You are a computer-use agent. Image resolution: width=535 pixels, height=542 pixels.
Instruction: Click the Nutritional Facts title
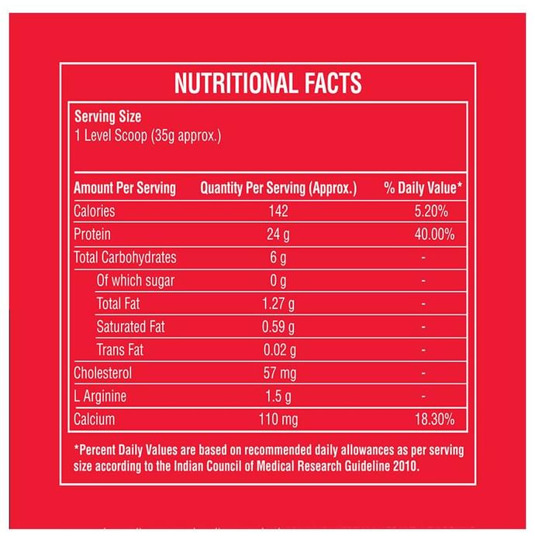(267, 83)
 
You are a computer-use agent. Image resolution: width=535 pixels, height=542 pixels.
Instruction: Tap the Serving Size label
(108, 118)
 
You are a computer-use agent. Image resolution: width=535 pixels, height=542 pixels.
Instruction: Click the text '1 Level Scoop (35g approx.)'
(147, 136)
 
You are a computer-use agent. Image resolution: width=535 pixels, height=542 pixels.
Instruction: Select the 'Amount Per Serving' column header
(124, 188)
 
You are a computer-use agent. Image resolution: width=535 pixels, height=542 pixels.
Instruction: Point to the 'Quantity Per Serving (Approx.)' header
(278, 188)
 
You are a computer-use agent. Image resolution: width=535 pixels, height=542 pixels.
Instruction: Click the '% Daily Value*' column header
(423, 188)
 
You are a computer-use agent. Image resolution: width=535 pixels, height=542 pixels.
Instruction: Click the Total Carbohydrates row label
(125, 258)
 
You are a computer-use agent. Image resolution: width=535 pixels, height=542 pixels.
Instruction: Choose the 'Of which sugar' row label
(136, 281)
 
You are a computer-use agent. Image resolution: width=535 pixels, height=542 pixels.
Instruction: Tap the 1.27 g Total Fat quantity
(278, 304)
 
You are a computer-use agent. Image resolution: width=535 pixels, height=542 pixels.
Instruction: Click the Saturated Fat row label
(130, 327)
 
